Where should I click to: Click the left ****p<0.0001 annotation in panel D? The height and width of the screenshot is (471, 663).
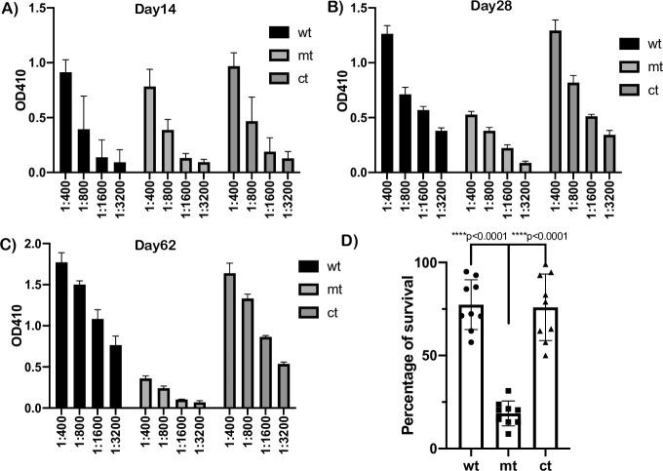coord(474,235)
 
